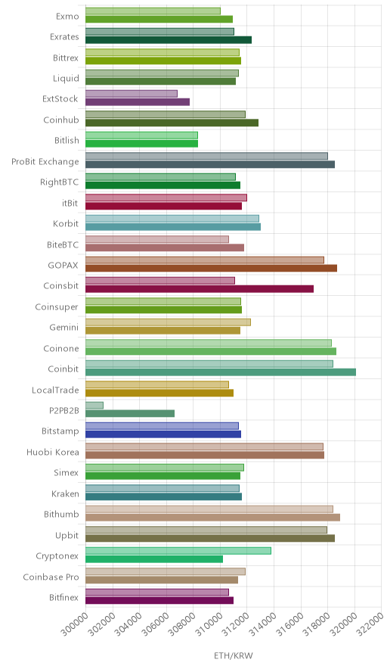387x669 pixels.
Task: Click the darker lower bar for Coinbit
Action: (x=221, y=372)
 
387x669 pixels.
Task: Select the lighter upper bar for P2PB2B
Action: (x=94, y=406)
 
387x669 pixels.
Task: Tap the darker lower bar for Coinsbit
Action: (x=200, y=289)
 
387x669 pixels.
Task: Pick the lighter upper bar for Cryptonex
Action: (x=178, y=551)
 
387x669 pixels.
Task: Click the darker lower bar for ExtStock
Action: (x=138, y=102)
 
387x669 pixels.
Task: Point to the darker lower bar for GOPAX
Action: (x=211, y=269)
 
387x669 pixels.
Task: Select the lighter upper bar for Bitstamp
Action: (x=162, y=426)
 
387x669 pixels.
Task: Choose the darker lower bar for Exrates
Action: (x=169, y=39)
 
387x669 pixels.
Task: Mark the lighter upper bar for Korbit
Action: (x=172, y=219)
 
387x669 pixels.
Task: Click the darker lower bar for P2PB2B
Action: (x=130, y=413)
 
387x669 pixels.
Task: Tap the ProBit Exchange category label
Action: (x=45, y=162)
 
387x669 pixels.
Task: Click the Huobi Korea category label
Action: (x=53, y=452)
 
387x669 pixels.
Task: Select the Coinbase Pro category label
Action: (x=51, y=577)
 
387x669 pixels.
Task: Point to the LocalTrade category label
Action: (x=55, y=390)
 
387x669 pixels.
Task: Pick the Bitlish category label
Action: (x=67, y=140)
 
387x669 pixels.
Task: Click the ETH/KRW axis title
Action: (x=234, y=656)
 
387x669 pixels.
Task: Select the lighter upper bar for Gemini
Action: (x=168, y=322)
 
